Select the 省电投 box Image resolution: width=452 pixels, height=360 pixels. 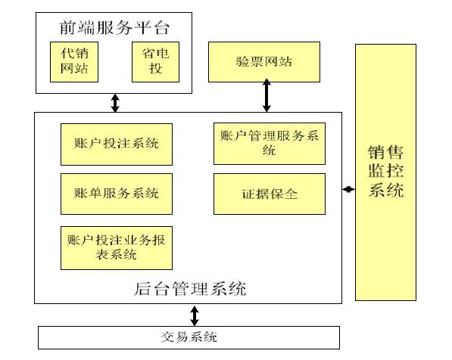[154, 62]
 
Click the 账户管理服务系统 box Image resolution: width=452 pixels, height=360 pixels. [270, 143]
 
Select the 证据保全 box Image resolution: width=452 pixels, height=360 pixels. [270, 193]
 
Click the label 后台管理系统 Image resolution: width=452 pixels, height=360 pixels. [189, 288]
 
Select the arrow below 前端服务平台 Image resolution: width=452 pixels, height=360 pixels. [114, 103]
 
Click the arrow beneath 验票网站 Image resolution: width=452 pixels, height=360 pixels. [267, 96]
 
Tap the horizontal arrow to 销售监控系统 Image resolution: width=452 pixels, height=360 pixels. [348, 189]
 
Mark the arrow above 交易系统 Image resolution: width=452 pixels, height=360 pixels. [195, 315]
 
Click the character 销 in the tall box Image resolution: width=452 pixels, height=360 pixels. [377, 151]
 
